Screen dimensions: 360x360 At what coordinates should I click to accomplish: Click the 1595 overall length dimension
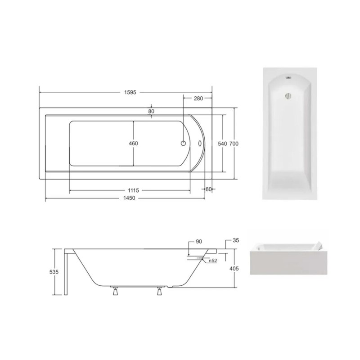[x=130, y=92]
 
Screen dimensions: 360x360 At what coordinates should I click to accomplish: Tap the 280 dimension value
[x=198, y=99]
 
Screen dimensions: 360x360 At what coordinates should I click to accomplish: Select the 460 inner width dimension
[x=133, y=144]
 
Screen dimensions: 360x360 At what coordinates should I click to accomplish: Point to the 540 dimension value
[x=222, y=144]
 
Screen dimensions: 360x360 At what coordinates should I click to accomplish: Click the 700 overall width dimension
[x=234, y=144]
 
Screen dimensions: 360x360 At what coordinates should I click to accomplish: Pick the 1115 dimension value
[x=133, y=190]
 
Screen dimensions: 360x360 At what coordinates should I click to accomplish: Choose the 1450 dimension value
[x=129, y=198]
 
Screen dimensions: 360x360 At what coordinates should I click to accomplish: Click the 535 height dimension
[x=54, y=272]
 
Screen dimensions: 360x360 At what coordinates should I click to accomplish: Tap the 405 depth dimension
[x=234, y=268]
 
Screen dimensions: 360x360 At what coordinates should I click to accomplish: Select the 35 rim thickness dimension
[x=236, y=240]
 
